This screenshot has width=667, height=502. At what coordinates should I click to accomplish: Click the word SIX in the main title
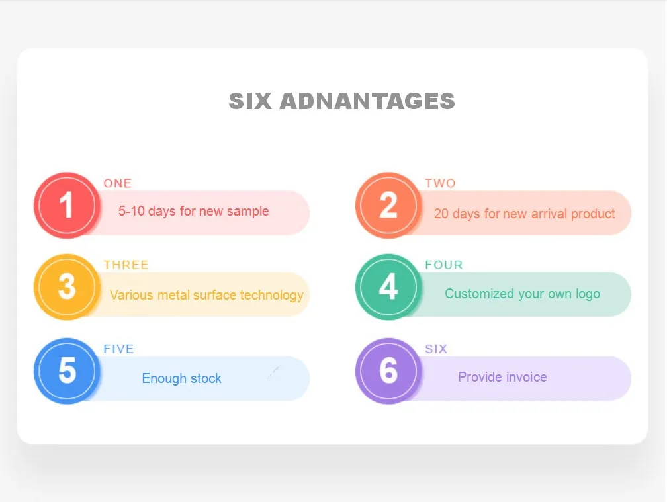pos(250,101)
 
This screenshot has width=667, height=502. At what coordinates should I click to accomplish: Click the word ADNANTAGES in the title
pos(367,101)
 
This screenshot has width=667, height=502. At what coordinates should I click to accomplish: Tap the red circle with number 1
pos(66,205)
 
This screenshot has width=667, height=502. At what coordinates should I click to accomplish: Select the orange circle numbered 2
pos(388,205)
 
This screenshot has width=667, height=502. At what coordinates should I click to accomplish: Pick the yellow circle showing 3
pos(66,287)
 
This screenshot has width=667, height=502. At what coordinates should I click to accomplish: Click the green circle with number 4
pos(388,287)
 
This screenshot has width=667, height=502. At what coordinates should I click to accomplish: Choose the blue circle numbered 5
pos(66,371)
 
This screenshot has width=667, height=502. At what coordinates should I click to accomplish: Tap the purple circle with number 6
pos(388,371)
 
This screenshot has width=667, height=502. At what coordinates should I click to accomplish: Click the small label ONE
pos(118,183)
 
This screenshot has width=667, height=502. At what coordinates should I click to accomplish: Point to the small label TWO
pos(440,183)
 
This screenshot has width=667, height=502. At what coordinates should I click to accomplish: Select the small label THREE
pos(126,265)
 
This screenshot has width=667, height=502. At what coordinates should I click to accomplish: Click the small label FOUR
pos(444,265)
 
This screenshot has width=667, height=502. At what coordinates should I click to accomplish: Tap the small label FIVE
pos(118,349)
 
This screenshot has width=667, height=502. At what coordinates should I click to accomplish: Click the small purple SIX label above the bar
pos(436,349)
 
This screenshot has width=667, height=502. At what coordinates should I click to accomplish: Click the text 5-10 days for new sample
pos(194,211)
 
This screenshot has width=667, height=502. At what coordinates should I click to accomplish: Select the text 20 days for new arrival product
pos(525,214)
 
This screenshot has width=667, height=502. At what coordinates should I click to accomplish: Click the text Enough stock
pos(182,378)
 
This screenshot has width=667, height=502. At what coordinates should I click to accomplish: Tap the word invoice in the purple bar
pos(525,377)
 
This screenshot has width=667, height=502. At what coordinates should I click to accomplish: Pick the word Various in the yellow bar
pos(130,295)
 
